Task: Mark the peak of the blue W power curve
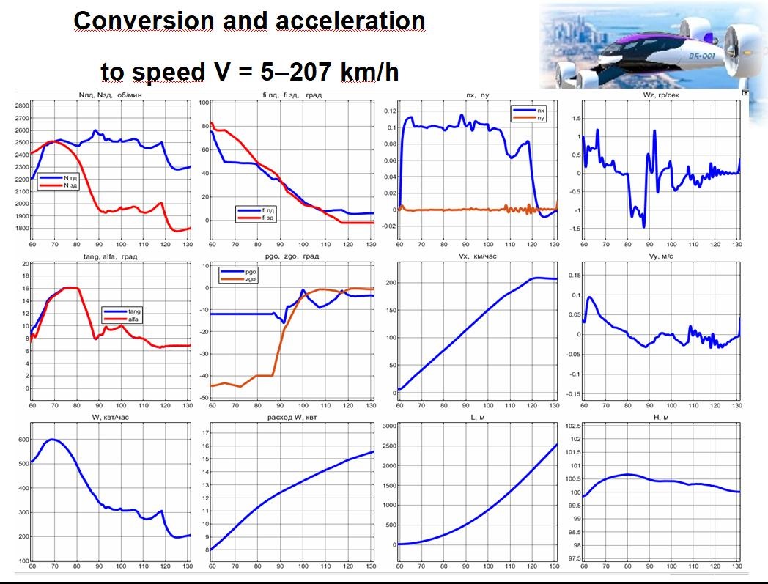click(x=51, y=440)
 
